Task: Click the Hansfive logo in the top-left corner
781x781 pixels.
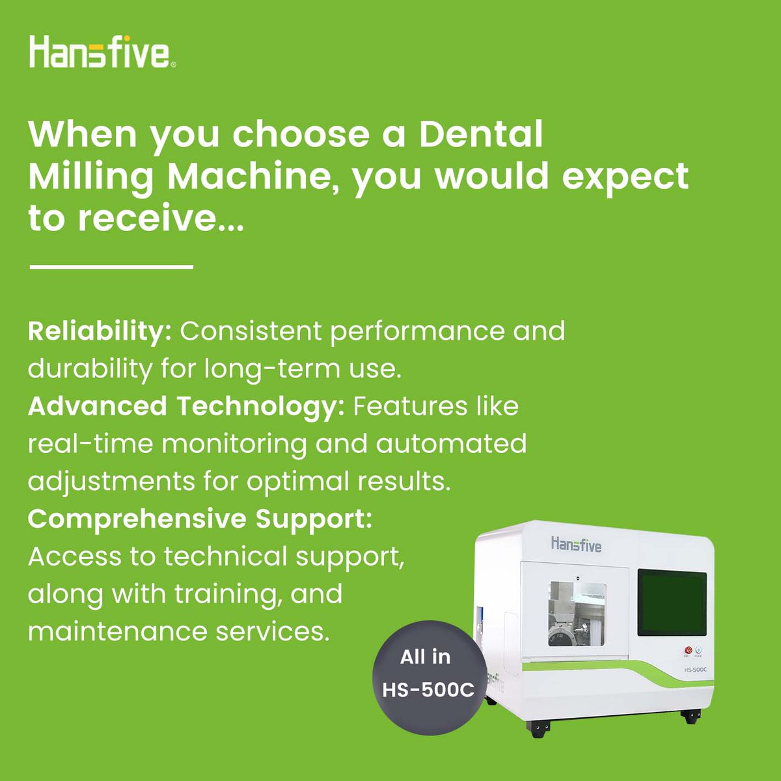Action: click(x=102, y=52)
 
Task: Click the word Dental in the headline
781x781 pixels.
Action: click(x=480, y=134)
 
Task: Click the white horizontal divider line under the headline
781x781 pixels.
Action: click(x=111, y=266)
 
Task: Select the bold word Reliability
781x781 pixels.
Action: click(x=99, y=331)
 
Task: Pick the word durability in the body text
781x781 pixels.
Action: click(x=89, y=369)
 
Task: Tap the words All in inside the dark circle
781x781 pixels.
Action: click(x=425, y=657)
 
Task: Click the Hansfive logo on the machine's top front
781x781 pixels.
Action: click(x=576, y=544)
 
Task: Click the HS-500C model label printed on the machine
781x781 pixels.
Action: click(x=694, y=669)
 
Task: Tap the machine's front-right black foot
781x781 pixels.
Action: click(x=690, y=717)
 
